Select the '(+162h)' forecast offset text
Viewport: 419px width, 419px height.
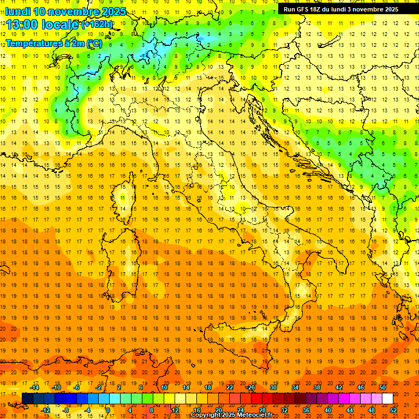[x=97, y=25]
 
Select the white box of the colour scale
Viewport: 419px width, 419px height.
[x=387, y=399]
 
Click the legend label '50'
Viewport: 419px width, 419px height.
[x=382, y=387]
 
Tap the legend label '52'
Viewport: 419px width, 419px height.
[x=393, y=410]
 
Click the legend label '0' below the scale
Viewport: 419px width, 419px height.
[x=108, y=410]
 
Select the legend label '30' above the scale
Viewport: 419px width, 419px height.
[x=273, y=387]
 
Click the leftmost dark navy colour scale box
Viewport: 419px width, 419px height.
[x=27, y=399]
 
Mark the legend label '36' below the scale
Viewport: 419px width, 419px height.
[x=306, y=410]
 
